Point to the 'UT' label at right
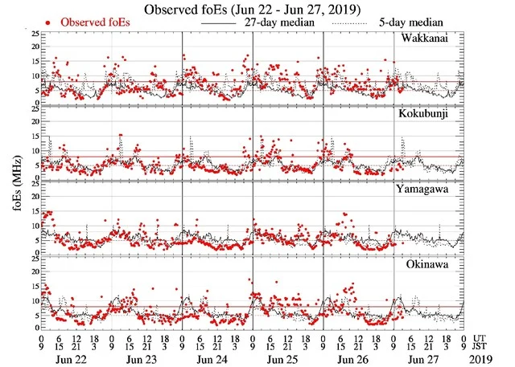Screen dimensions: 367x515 pos(480,338)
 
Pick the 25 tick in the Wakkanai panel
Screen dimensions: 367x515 pos(31,34)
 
